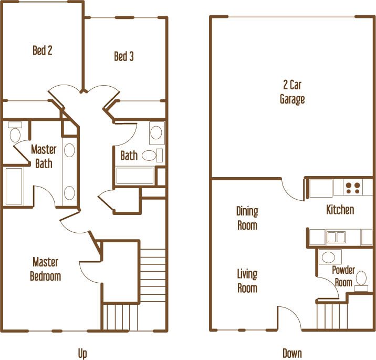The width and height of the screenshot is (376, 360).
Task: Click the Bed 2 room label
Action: (43, 50)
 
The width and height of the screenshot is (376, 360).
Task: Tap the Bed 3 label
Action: (124, 56)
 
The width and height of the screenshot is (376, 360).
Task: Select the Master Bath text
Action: (44, 156)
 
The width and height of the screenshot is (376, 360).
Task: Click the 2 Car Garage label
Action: (292, 92)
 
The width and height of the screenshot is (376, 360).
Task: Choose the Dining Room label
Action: (247, 218)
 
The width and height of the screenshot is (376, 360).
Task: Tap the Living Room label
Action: (247, 281)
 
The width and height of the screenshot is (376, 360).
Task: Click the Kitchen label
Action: (340, 210)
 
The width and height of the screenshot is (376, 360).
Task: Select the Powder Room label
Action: (344, 276)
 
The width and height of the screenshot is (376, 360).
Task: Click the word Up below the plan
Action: (82, 353)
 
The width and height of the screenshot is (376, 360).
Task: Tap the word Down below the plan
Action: (292, 353)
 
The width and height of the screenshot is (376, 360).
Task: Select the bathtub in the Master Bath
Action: (14, 186)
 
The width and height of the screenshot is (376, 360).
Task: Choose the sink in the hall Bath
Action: (156, 132)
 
